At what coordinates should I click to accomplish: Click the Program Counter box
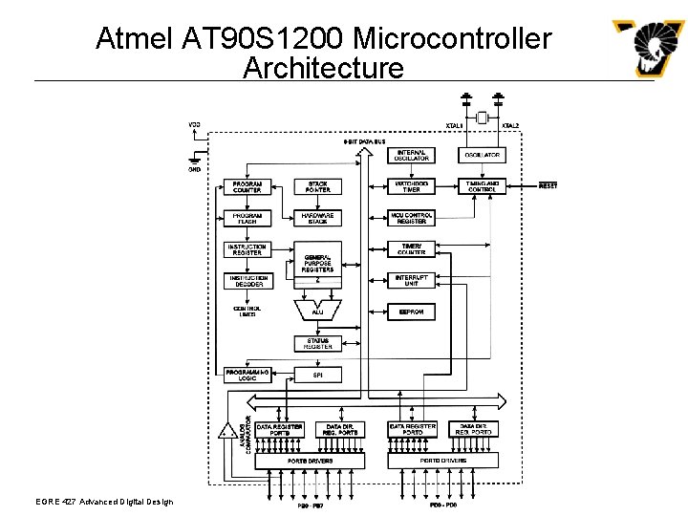coord(247,187)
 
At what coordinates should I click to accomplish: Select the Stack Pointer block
coord(318,187)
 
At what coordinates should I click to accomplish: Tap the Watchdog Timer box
coord(412,186)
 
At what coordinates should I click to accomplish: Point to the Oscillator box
coord(482,155)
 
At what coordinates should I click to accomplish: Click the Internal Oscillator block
coord(412,155)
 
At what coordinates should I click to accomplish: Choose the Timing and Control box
coord(482,186)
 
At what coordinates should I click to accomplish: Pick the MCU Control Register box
coord(412,218)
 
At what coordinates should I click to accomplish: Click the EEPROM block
coord(412,312)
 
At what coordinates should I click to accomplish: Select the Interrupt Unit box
coord(412,280)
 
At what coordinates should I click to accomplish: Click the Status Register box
coord(318,343)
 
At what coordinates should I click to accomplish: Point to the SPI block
coord(318,375)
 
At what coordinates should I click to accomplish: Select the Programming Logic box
coord(247,375)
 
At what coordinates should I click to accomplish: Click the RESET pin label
coord(548,185)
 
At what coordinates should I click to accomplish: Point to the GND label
coord(195,169)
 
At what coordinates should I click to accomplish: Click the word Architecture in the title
coord(323,68)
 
